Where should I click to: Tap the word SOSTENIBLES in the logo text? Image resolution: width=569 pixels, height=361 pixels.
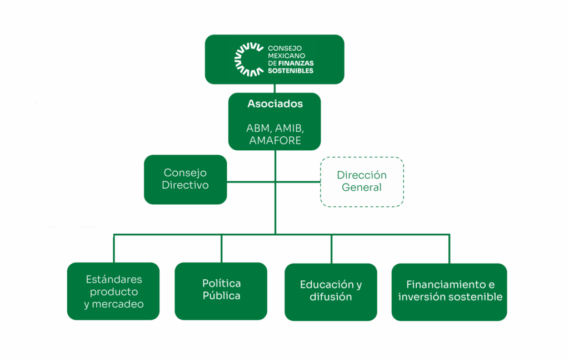coord(291,71)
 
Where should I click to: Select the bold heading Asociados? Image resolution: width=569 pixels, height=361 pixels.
coord(275,104)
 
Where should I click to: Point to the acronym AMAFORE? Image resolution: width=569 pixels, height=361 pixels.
coord(275,140)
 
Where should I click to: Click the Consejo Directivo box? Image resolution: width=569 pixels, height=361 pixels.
coord(185,179)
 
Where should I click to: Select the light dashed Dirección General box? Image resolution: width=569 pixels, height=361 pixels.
coord(362,181)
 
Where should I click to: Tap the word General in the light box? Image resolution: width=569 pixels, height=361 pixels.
coord(362,187)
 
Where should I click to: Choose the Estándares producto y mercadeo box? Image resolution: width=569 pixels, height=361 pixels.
coord(113,291)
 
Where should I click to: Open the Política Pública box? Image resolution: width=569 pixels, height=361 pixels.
coord(221,290)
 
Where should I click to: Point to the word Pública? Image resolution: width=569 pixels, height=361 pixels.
coord(221,296)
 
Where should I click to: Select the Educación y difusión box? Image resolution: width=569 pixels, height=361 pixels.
coord(331,291)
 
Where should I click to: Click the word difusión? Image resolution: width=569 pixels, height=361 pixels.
coord(331,297)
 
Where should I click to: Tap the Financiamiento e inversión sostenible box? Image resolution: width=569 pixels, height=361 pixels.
coord(449,291)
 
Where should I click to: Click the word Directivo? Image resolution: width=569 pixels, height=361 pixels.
coord(185,185)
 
